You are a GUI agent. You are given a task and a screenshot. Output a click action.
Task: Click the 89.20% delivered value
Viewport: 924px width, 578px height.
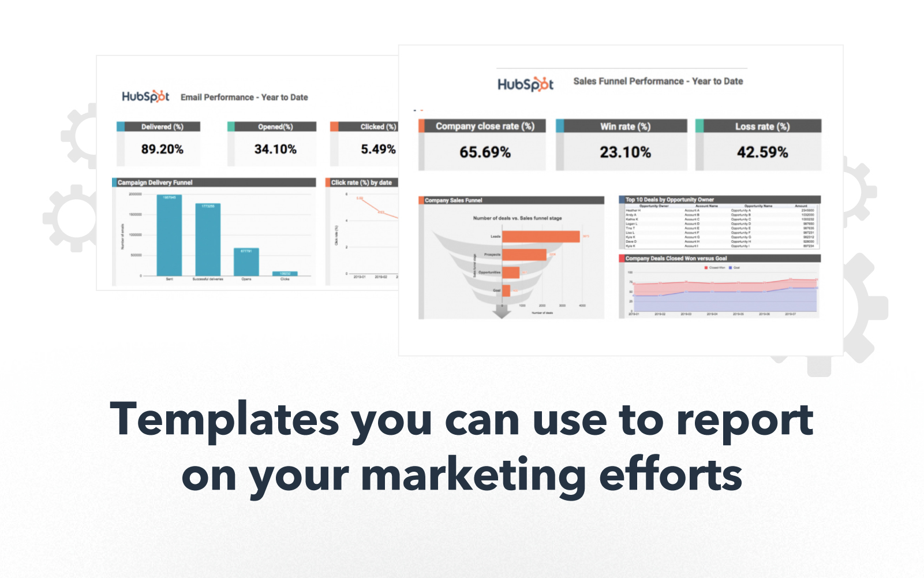coord(162,150)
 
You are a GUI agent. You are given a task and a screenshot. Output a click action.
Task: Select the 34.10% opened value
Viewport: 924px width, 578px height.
coord(275,150)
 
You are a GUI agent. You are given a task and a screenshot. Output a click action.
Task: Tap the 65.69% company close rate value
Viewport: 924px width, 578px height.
coord(485,152)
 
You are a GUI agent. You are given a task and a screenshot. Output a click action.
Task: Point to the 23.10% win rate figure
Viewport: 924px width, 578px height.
coord(625,152)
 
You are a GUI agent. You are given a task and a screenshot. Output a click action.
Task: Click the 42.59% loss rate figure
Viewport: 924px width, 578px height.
coord(762,152)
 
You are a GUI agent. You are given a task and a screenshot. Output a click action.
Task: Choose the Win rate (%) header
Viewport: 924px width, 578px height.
coord(625,126)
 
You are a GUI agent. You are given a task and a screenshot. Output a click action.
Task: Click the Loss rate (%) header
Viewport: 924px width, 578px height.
coord(762,126)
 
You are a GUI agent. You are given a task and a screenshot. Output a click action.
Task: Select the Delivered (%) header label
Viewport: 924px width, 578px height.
coord(162,127)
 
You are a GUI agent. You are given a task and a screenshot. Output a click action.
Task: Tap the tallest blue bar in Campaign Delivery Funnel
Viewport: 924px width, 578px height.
coord(169,236)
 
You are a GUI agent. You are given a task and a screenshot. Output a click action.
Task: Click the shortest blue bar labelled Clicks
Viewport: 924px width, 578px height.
coord(285,274)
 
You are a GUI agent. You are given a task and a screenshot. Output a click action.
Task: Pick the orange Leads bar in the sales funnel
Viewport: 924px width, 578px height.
coord(541,237)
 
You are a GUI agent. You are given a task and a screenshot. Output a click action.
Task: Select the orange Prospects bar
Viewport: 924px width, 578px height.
coord(524,255)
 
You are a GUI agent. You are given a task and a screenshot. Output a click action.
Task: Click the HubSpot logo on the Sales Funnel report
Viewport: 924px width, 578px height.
coord(525,84)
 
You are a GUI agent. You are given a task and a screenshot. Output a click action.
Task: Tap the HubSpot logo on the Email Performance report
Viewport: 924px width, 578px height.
coord(145,96)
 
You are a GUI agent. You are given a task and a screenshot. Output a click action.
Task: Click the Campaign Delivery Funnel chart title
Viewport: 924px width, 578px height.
coord(155,182)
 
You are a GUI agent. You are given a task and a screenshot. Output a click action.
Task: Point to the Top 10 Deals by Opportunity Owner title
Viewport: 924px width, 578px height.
coord(669,200)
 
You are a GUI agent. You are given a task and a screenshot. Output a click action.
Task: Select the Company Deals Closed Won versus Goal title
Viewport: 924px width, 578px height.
coord(676,259)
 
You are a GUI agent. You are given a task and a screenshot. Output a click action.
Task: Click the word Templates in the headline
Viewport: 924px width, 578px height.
coord(225,420)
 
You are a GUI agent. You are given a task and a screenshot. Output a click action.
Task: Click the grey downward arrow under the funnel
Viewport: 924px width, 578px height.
coord(502,311)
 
